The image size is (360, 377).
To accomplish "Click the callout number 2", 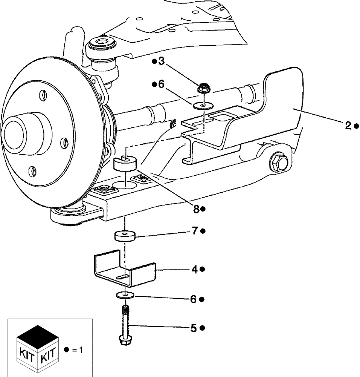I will point(348,126).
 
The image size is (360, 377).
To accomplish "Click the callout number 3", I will point(161,61).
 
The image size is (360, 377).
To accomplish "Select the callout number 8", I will point(196,209).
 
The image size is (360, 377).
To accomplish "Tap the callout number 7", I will point(195,231).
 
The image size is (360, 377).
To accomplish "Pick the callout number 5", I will point(194,328).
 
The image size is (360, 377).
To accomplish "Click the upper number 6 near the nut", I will point(161,84).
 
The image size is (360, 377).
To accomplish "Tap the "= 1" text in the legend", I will point(77,350).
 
